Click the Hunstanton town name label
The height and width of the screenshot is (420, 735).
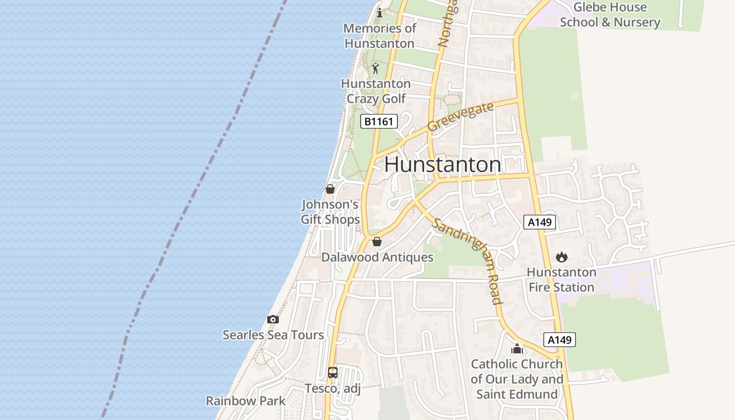(443, 165)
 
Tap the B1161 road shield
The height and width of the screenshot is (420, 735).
(379, 122)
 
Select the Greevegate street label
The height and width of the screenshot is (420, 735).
(460, 117)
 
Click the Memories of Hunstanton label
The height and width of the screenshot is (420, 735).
(380, 36)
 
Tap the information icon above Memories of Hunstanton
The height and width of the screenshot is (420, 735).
(380, 13)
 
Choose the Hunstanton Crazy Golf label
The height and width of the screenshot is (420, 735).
(376, 91)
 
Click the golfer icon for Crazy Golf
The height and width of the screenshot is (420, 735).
(375, 68)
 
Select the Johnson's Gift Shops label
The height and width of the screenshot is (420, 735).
(330, 212)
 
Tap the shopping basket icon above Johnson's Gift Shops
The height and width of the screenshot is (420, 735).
(330, 189)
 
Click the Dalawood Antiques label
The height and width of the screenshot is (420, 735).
(377, 257)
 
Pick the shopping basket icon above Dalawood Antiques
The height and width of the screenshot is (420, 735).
(376, 242)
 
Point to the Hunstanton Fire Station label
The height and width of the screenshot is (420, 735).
(561, 280)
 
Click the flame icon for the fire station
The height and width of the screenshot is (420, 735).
(562, 257)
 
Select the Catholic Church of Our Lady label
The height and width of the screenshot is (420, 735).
(517, 379)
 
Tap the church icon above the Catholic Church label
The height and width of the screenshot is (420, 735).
(517, 349)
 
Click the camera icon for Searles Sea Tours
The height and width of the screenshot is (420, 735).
(272, 319)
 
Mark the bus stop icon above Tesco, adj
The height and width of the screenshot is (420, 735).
(333, 373)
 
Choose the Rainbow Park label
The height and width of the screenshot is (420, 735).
(246, 401)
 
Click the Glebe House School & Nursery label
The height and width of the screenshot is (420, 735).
(610, 15)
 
